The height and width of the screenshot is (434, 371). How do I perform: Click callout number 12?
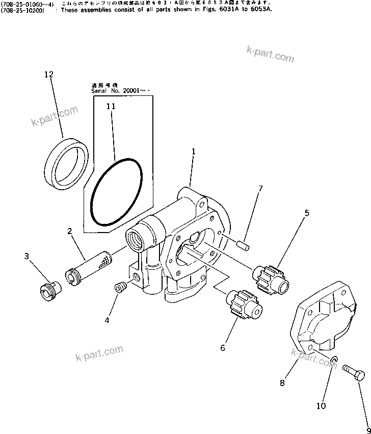pyautogui.click(x=48, y=74)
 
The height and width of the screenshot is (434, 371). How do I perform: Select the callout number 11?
pyautogui.click(x=111, y=107)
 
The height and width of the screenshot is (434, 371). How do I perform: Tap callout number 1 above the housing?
pyautogui.click(x=194, y=151)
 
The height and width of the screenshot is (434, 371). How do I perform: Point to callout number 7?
pyautogui.click(x=260, y=189)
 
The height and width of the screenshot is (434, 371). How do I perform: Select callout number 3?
pyautogui.click(x=26, y=256)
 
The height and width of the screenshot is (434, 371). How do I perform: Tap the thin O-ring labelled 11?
pyautogui.click(x=117, y=191)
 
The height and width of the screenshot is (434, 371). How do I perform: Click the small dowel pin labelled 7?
pyautogui.click(x=243, y=245)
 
